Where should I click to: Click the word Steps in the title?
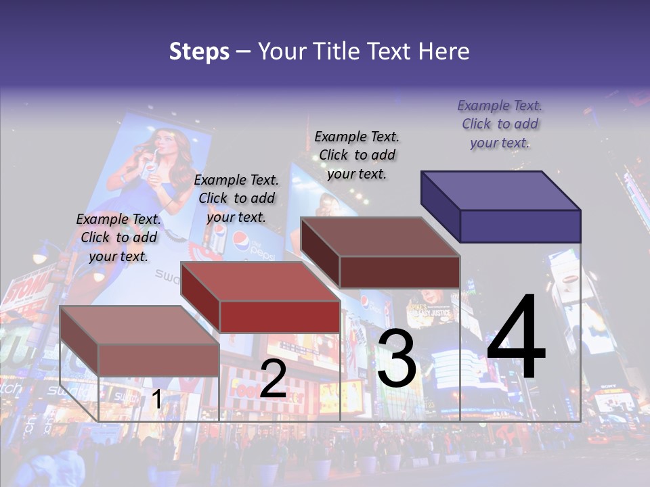click(x=199, y=51)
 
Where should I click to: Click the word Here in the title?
click(x=443, y=51)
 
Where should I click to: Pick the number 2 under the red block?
click(x=273, y=378)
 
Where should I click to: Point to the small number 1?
click(x=156, y=399)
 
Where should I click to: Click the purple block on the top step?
click(x=501, y=206)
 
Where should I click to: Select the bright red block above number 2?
click(x=261, y=298)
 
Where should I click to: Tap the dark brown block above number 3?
click(x=381, y=252)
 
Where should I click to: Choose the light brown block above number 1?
click(x=140, y=341)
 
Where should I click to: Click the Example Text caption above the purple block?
click(x=500, y=124)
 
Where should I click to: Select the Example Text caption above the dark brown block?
click(x=357, y=155)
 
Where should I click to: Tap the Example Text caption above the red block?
click(x=236, y=198)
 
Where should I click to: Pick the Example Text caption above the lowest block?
click(x=118, y=237)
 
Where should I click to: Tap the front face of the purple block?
click(x=520, y=226)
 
